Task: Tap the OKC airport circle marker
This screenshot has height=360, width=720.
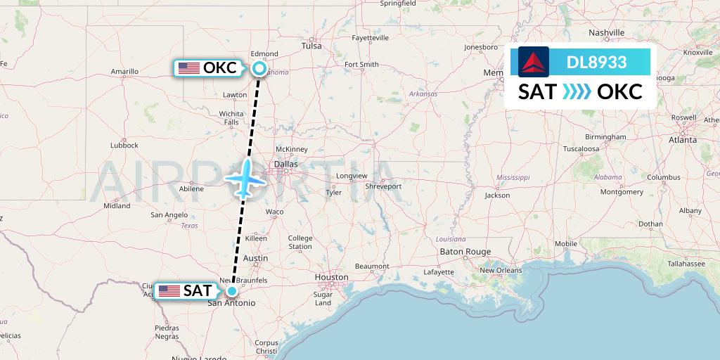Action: [259, 68]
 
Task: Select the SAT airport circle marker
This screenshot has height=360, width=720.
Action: [231, 290]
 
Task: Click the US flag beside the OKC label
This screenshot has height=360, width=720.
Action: [188, 68]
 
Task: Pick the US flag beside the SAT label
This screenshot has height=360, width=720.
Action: [169, 290]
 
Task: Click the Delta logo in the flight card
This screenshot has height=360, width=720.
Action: [534, 62]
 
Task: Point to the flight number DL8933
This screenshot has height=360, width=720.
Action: [596, 62]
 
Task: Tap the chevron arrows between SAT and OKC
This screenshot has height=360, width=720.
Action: [577, 91]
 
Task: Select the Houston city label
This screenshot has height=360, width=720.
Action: [331, 277]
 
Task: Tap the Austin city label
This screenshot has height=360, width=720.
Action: [255, 258]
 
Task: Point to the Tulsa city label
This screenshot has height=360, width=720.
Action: [311, 46]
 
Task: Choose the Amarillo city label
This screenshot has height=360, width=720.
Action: [124, 71]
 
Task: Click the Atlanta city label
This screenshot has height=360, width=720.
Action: [683, 140]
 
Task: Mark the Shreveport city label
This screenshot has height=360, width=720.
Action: [384, 186]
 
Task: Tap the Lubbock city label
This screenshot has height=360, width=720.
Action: [124, 146]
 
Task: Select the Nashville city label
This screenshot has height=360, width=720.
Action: [607, 33]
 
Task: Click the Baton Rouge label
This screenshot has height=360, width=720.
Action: [465, 251]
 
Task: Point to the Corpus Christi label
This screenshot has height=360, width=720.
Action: [266, 347]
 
